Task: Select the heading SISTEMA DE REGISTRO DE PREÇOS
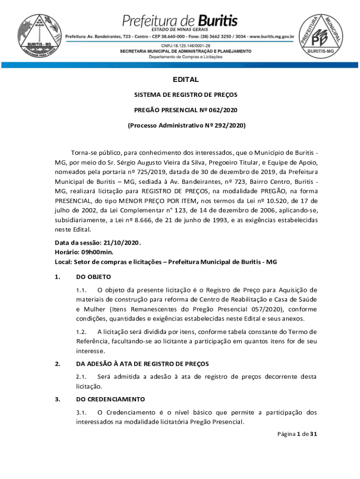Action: tap(186, 94)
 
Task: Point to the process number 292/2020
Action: tap(229, 126)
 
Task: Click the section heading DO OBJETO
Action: tap(93, 277)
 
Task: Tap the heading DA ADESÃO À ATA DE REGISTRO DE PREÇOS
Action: tap(142, 363)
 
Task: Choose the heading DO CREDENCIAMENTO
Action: tap(110, 399)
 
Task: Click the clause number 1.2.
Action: tap(82, 332)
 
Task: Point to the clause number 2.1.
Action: tap(82, 376)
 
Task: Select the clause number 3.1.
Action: tap(82, 412)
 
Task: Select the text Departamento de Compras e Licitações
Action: tap(186, 57)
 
